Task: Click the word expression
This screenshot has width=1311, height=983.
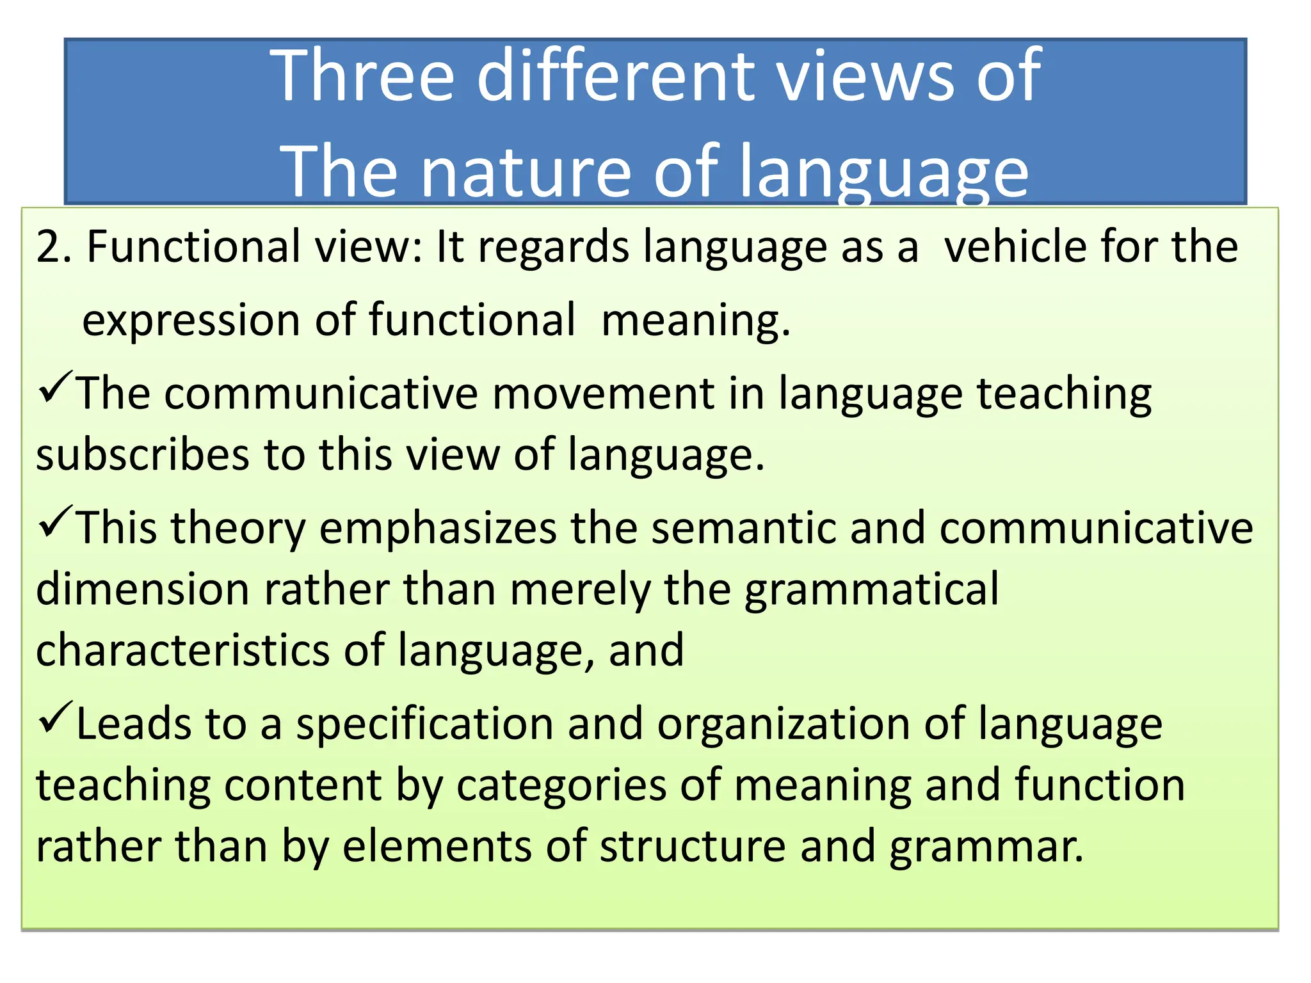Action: click(191, 321)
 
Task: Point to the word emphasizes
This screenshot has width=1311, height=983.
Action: click(438, 529)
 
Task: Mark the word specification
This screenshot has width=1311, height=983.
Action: click(424, 725)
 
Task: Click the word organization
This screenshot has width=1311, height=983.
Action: click(784, 725)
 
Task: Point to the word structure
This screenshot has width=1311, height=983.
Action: click(693, 847)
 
